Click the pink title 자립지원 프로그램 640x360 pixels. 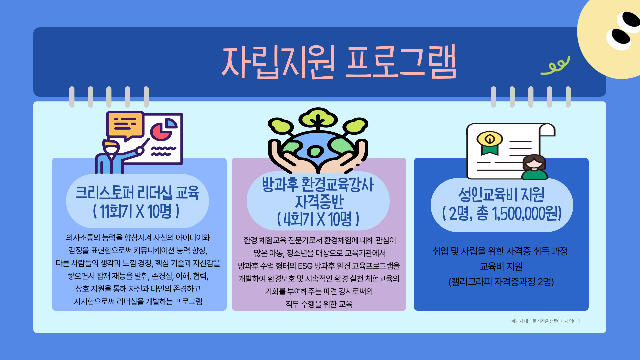coord(339,62)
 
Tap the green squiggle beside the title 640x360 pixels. coord(555,65)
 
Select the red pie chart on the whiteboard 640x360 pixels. coord(161,131)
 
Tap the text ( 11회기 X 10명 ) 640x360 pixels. coord(136,211)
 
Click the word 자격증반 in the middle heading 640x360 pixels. coord(319,202)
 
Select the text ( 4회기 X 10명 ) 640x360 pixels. coord(318,219)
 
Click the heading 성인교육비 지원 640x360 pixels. coord(501,195)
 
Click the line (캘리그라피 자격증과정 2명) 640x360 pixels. coord(501,282)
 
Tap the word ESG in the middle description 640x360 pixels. coord(305,266)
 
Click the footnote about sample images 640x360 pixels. coord(545,321)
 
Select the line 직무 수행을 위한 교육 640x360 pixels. coord(319,304)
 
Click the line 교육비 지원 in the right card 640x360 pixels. coord(501,266)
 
